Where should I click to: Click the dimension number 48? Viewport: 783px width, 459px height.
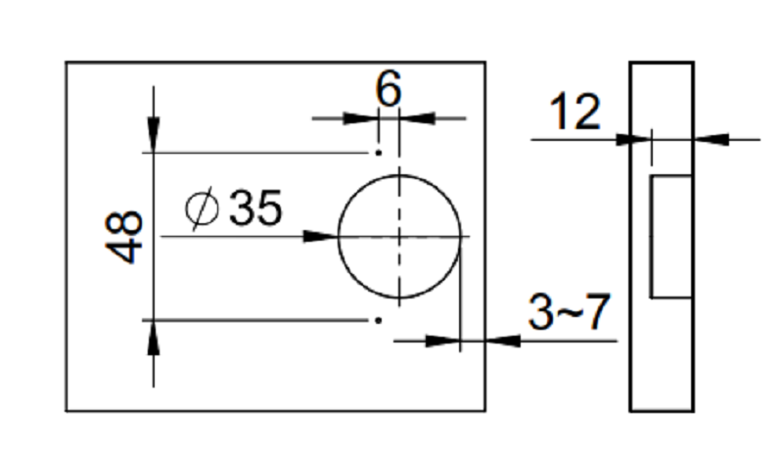(x=124, y=237)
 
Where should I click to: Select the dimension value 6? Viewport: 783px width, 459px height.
(x=388, y=89)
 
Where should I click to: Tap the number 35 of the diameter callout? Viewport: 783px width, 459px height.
(x=255, y=207)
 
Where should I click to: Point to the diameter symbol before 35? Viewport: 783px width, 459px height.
(x=202, y=208)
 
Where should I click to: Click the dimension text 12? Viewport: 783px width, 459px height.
(x=575, y=112)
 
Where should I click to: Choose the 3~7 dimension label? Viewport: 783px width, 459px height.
(x=569, y=312)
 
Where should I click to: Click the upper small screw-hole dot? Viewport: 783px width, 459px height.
(x=379, y=153)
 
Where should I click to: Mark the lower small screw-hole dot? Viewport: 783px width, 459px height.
(x=379, y=320)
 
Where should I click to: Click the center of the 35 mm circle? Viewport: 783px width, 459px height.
(x=399, y=236)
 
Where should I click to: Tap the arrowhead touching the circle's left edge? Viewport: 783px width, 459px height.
(x=321, y=236)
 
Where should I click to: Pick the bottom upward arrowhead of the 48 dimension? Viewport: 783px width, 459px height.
(x=154, y=338)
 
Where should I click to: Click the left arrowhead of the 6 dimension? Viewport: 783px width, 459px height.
(x=360, y=118)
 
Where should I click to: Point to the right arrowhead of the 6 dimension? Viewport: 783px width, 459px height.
(x=417, y=118)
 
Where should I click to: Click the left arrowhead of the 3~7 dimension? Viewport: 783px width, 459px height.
(x=442, y=342)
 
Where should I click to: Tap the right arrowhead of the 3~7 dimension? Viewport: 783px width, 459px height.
(x=503, y=342)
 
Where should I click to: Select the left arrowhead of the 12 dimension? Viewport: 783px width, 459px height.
(x=633, y=139)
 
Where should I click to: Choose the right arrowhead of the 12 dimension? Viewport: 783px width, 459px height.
(x=712, y=139)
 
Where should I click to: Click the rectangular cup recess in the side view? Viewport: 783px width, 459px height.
(x=671, y=236)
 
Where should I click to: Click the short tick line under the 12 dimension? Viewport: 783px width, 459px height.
(x=652, y=148)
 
